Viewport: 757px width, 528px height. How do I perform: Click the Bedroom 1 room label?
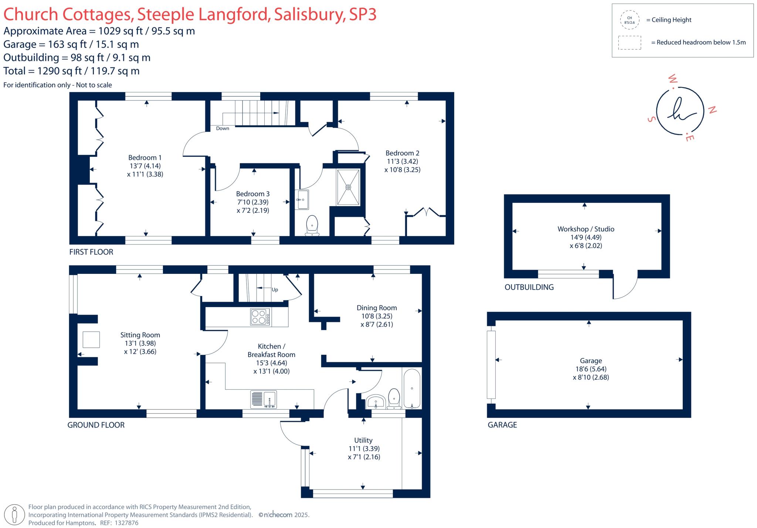tap(145, 158)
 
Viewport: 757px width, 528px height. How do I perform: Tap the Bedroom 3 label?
tap(253, 194)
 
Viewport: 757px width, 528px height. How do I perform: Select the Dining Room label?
tap(377, 308)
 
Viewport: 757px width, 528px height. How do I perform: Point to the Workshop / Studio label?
tap(586, 229)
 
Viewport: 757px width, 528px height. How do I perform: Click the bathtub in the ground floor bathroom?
tap(412, 388)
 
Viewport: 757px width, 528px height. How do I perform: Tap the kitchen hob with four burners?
tap(260, 317)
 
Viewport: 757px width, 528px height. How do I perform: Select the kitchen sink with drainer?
tap(263, 400)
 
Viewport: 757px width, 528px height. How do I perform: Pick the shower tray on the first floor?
tap(348, 187)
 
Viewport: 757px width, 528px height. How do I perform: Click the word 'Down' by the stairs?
tap(223, 128)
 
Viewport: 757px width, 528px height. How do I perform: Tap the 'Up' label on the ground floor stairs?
tap(275, 290)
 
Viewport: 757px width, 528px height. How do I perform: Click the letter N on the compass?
tap(712, 110)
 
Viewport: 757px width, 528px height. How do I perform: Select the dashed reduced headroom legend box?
tap(629, 43)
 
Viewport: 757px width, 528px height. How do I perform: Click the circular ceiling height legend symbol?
tap(629, 20)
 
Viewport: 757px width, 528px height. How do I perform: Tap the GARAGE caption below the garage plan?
tap(502, 425)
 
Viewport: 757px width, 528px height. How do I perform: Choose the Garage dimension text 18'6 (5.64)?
tap(591, 369)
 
